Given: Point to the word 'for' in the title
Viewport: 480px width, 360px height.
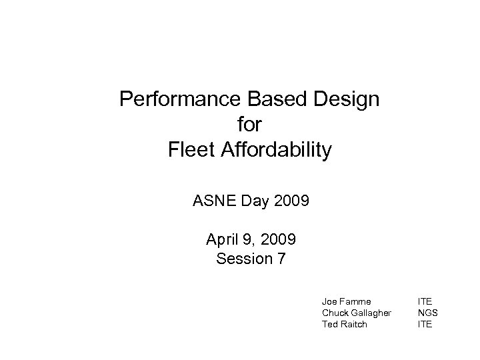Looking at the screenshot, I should pyautogui.click(x=249, y=125).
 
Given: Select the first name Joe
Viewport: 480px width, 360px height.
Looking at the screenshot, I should pyautogui.click(x=329, y=301).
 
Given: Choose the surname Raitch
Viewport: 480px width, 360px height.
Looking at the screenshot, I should pyautogui.click(x=353, y=324).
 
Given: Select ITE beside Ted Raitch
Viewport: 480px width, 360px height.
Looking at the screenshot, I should pyautogui.click(x=425, y=324).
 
